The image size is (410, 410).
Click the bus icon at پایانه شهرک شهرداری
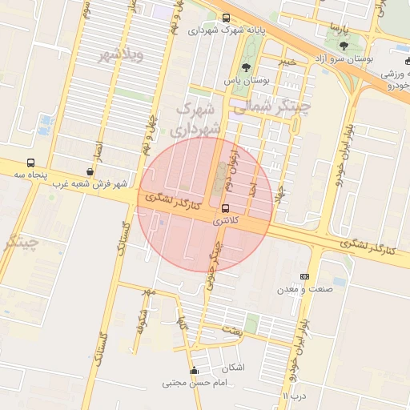pos(225,18)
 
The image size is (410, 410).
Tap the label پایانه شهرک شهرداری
pos(225,31)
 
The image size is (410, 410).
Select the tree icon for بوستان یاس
pos(245,68)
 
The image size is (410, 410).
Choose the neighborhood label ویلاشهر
pos(121,54)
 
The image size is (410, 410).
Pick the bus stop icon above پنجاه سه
pos(30,163)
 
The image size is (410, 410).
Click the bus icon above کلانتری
pos(224,208)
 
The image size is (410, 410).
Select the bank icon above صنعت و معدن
pos(304,275)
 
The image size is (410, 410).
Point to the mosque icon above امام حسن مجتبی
pos(193,371)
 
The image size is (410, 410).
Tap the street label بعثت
pos(231,329)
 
